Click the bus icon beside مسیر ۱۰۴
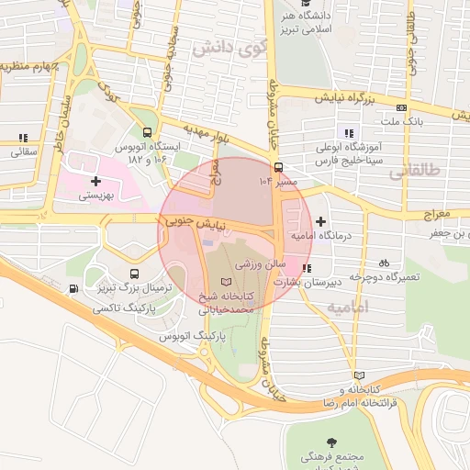pos(277,168)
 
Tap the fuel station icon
pos(73,289)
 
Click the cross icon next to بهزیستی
pos(95,181)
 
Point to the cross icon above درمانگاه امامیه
pos(320,221)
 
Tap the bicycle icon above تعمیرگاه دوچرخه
pos(384,262)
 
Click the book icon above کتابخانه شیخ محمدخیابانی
pos(226,282)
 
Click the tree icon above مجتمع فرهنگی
pos(319,440)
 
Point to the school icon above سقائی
pos(22,138)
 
